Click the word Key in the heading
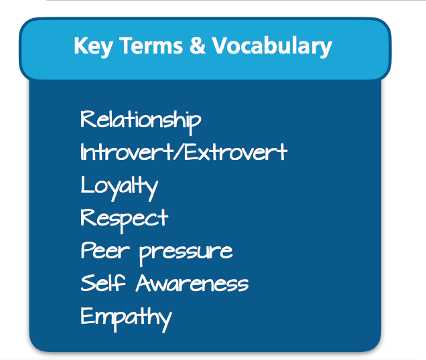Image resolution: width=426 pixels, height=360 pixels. coord(93,47)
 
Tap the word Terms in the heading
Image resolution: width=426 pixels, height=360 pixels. coord(151,46)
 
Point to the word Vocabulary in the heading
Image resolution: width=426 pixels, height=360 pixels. coord(272,47)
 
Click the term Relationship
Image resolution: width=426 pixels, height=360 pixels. coord(141,122)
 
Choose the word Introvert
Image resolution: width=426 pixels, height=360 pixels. coord(127,152)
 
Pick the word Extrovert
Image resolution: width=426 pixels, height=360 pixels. coord(236,152)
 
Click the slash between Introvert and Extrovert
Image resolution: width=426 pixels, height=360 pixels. coord(179,152)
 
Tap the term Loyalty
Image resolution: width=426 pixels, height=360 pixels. coord(119,187)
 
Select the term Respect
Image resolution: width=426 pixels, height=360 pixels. coord(125,220)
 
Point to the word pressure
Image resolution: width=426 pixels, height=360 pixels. coord(186,253)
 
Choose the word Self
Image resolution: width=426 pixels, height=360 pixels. coord(103,282)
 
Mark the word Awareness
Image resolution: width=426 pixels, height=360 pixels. coord(192,283)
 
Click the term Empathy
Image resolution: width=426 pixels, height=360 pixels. coord(126,319)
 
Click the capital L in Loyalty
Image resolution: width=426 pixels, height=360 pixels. coord(87,184)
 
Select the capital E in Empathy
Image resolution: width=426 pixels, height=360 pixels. coord(87,315)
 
